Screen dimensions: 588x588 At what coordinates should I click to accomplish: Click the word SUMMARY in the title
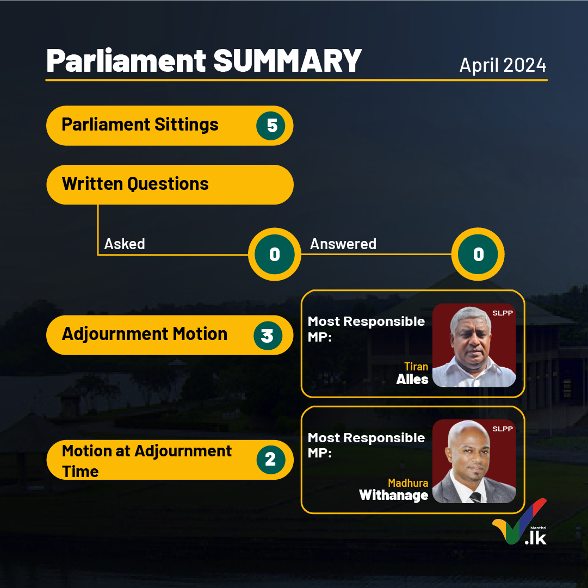[x=287, y=61]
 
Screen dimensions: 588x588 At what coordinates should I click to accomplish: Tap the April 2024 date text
[x=503, y=65]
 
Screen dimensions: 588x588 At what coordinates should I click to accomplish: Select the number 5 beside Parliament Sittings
[x=271, y=126]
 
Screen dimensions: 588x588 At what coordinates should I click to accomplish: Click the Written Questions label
[x=135, y=184]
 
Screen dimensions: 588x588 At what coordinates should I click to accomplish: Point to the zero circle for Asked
[x=275, y=254]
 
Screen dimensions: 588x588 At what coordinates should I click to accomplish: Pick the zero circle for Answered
[x=478, y=254]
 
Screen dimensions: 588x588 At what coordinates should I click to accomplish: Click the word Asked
[x=125, y=244]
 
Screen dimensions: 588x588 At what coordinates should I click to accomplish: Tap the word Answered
[x=343, y=244]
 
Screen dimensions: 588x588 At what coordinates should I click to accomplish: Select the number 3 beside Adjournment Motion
[x=268, y=336]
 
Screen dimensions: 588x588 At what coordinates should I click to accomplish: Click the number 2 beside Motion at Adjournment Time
[x=271, y=460]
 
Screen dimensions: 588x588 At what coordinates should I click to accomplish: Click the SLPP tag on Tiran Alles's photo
[x=503, y=313]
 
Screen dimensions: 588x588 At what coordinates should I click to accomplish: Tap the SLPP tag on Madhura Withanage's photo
[x=503, y=429]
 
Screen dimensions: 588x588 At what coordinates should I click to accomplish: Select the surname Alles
[x=412, y=380]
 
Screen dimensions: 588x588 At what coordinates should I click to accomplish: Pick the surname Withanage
[x=393, y=496]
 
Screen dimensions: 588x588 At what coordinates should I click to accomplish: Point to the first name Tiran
[x=416, y=367]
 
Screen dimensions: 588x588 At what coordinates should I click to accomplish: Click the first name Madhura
[x=408, y=482]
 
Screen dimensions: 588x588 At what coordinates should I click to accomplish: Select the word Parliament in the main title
[x=126, y=61]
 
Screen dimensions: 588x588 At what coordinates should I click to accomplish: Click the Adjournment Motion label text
[x=144, y=334]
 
